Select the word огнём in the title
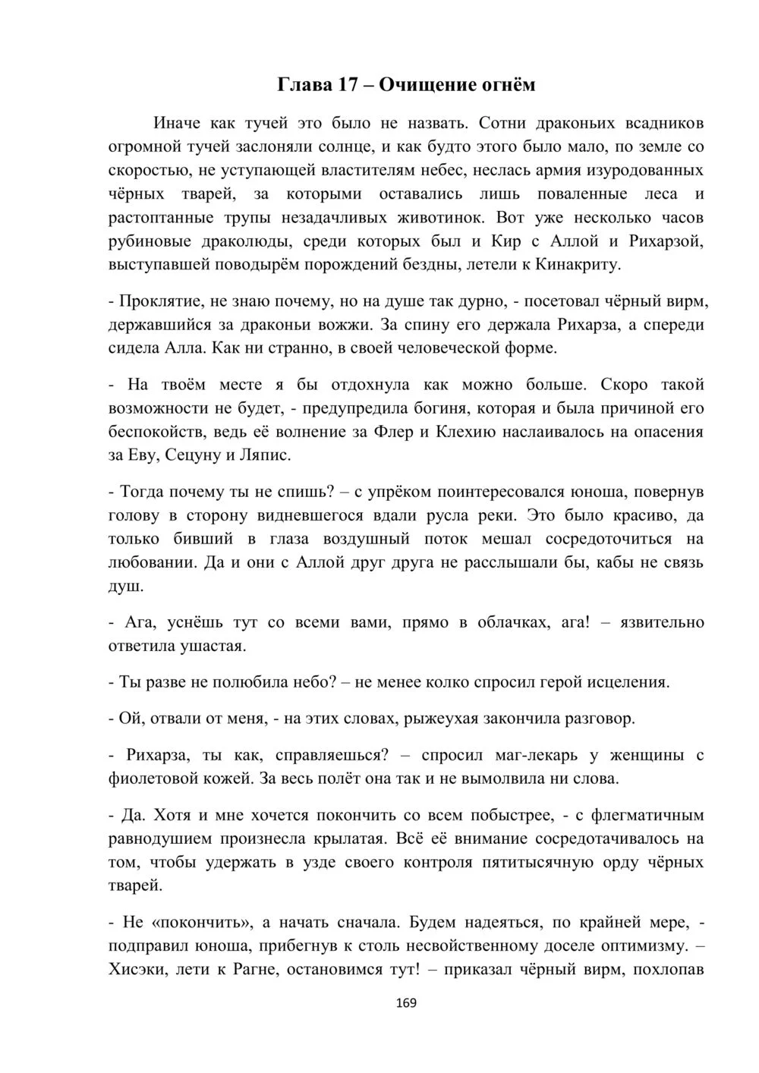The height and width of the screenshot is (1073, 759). point(509,84)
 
